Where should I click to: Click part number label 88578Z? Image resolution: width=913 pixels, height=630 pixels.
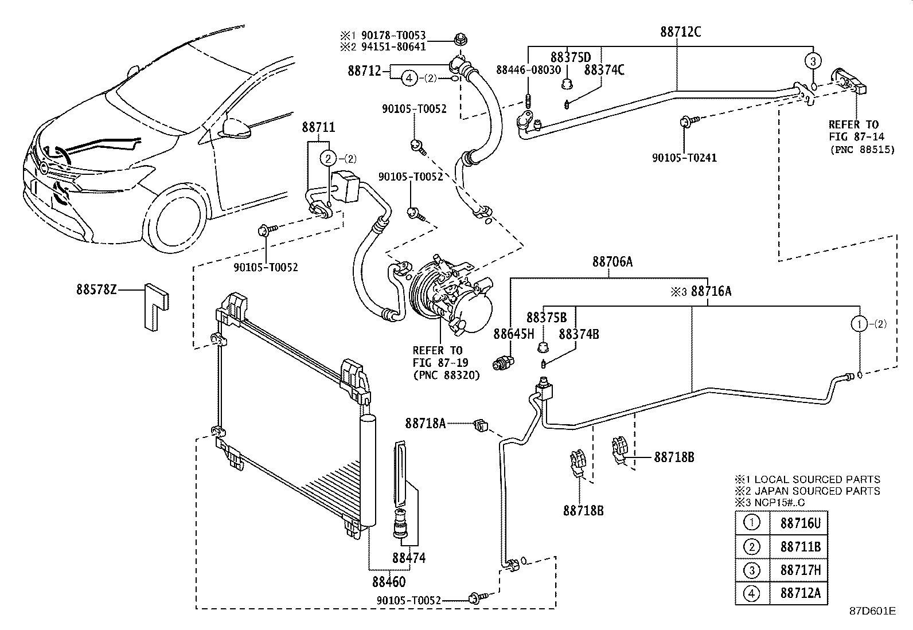pos(96,291)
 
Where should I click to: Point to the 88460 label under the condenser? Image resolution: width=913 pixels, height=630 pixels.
pos(388,582)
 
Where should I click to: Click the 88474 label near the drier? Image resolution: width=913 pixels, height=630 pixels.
pos(409,557)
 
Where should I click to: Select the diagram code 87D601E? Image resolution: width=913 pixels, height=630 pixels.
pos(872,611)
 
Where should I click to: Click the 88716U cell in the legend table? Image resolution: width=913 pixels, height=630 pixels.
pos(800,523)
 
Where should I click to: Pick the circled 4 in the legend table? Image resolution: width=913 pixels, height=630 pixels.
pos(751,594)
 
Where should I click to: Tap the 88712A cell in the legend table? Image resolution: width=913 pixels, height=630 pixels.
pos(800,594)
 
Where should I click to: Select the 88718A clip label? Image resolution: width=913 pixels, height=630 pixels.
pos(425,424)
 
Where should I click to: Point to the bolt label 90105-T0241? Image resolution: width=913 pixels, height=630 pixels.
pos(684,157)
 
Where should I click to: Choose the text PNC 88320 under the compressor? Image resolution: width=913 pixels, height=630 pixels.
pos(446,375)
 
